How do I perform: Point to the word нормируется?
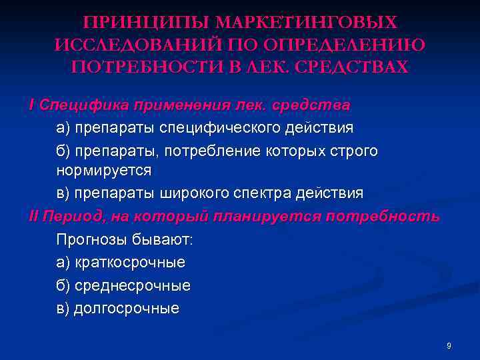(x=104, y=171)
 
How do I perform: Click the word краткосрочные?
(x=129, y=263)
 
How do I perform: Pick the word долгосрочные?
(x=126, y=309)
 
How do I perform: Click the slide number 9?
(x=449, y=346)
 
